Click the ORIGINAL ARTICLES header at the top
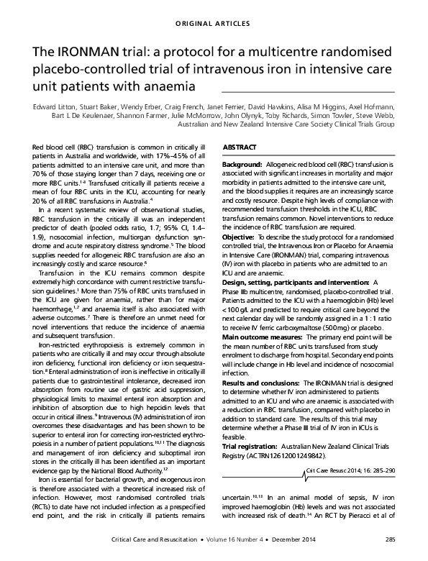214,15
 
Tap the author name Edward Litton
53,106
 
